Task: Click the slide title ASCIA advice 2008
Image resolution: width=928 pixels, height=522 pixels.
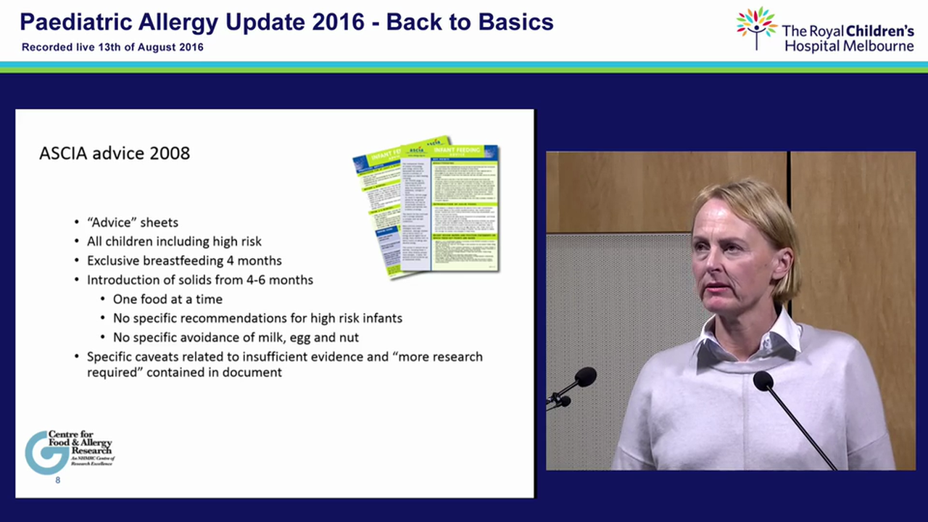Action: pos(115,154)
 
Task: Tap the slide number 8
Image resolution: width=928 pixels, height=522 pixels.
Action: pos(58,480)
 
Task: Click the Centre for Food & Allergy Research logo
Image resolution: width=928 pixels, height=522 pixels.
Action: pos(70,452)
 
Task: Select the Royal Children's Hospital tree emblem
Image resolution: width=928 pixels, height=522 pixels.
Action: pos(756,28)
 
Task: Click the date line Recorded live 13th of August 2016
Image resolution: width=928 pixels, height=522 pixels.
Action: pos(112,47)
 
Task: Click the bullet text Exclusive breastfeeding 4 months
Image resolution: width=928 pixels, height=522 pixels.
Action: pos(184,260)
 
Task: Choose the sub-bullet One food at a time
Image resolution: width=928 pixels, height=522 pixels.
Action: pos(167,299)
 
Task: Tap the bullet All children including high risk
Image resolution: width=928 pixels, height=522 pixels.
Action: pos(174,241)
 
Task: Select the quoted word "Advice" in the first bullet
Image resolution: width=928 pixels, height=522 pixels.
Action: pos(110,223)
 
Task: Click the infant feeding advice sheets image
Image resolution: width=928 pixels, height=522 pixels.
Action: pos(426,206)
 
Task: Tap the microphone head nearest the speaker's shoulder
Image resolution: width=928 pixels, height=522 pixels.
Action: pos(762,381)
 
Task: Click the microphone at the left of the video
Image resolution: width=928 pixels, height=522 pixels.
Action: pos(583,378)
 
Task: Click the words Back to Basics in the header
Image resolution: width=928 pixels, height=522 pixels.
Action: pos(470,22)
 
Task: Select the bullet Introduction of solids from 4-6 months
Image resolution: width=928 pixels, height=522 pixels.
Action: pos(200,280)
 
